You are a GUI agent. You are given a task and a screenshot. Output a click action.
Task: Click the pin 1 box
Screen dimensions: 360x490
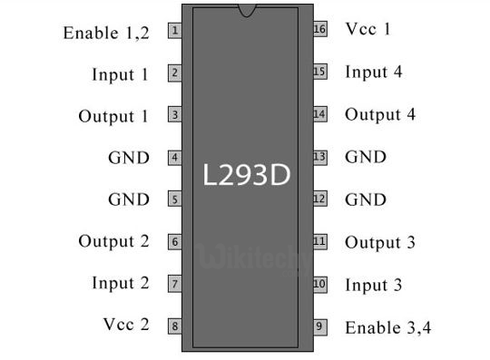(x=174, y=31)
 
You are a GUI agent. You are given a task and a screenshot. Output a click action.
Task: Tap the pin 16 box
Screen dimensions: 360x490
(x=319, y=29)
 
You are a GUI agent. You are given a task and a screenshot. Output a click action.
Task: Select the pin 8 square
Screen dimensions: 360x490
(x=174, y=326)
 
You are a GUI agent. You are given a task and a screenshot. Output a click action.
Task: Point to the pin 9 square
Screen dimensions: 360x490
(x=319, y=326)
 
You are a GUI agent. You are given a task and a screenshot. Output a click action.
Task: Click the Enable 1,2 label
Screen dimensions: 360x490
(x=105, y=33)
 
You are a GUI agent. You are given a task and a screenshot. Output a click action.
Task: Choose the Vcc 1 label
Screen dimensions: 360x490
(x=367, y=29)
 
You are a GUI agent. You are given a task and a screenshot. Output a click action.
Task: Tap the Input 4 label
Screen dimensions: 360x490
(x=373, y=72)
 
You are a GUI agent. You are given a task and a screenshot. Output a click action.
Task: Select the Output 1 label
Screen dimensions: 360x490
(x=113, y=116)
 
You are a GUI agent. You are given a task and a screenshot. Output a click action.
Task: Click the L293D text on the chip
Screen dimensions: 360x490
(x=246, y=174)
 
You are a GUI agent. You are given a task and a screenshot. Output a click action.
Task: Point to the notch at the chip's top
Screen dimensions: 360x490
(x=246, y=10)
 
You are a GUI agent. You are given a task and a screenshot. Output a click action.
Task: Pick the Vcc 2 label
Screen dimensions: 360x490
(x=126, y=324)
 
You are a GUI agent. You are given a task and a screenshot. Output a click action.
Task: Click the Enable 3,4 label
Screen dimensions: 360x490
(x=387, y=327)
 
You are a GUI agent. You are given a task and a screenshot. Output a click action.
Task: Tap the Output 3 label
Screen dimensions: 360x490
(x=380, y=243)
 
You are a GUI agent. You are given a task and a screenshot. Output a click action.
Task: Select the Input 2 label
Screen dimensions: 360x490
(x=120, y=283)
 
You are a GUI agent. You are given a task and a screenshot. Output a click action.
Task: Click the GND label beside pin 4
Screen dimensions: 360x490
(x=129, y=158)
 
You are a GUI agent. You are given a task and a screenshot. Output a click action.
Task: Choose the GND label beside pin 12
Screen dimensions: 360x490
(x=366, y=199)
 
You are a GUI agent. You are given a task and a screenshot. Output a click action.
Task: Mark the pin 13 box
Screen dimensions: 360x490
(x=319, y=157)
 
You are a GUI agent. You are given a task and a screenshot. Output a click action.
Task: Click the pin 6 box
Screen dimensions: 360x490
(x=174, y=241)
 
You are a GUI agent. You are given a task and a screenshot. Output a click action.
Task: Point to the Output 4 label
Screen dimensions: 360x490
(x=380, y=114)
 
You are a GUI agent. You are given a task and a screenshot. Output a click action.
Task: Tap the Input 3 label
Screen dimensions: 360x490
(x=373, y=285)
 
